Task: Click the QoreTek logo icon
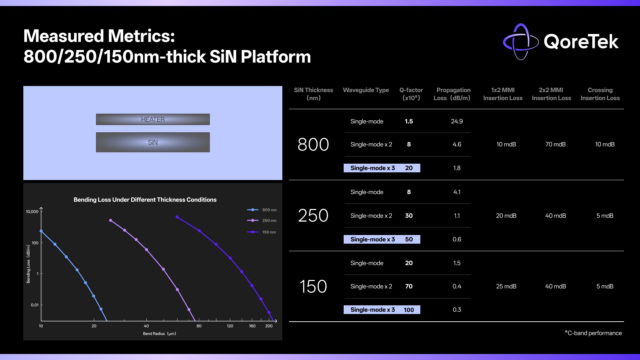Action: tap(520, 42)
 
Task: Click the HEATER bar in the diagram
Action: tap(153, 119)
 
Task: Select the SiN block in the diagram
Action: tap(153, 142)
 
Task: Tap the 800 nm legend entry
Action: tap(262, 210)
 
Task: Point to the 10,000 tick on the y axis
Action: tap(32, 212)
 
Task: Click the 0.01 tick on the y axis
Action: tap(35, 305)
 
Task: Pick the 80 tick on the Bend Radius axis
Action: tap(199, 326)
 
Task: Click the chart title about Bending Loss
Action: tap(145, 200)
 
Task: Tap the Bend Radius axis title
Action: tap(159, 334)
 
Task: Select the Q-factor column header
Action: tap(411, 94)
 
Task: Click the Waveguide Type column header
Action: tap(366, 90)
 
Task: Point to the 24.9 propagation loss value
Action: tap(457, 121)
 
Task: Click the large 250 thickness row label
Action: tap(313, 216)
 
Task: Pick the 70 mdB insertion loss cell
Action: tap(556, 144)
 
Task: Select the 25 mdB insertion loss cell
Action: tap(506, 286)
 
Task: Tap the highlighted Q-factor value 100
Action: tap(409, 310)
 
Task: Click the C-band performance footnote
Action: tap(593, 333)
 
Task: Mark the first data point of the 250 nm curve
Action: tap(111, 220)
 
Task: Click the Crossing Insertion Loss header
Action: tap(600, 94)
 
